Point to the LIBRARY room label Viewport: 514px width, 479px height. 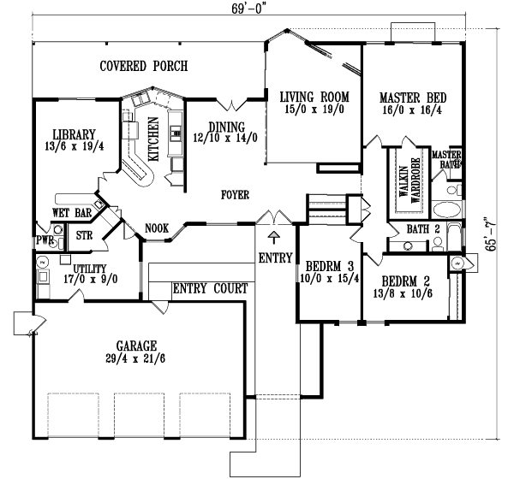[x=73, y=134]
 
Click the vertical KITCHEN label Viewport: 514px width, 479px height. [x=153, y=139]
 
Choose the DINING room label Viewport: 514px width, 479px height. [x=227, y=122]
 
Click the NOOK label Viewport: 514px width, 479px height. [x=157, y=228]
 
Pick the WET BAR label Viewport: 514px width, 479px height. [x=71, y=212]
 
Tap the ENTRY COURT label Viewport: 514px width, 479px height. [x=211, y=287]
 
